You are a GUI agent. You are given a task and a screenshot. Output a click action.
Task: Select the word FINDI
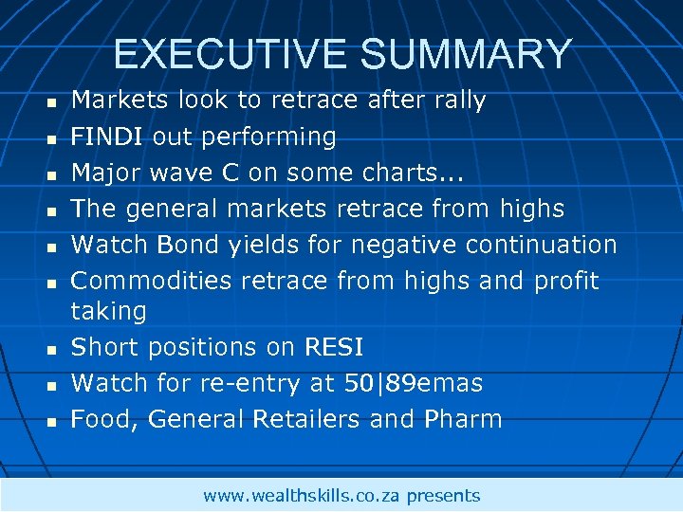[x=108, y=137]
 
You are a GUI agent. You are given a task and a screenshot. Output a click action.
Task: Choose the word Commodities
[x=152, y=281]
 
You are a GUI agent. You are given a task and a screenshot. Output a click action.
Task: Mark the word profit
[x=566, y=281]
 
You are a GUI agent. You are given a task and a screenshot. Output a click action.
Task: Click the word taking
[x=109, y=311]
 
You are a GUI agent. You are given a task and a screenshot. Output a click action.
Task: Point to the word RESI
[x=334, y=347]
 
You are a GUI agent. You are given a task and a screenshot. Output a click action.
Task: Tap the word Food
[x=104, y=419]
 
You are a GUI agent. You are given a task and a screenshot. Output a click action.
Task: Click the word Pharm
[x=466, y=419]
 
